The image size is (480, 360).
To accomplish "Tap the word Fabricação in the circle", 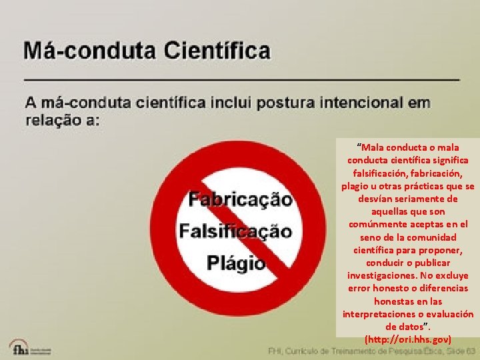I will point(240,199).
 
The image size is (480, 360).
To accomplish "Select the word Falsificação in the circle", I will point(235,231).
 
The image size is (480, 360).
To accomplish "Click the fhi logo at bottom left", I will point(19,347).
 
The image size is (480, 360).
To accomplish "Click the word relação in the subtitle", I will point(53,121).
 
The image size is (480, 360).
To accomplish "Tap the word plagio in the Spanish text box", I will point(355,186).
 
